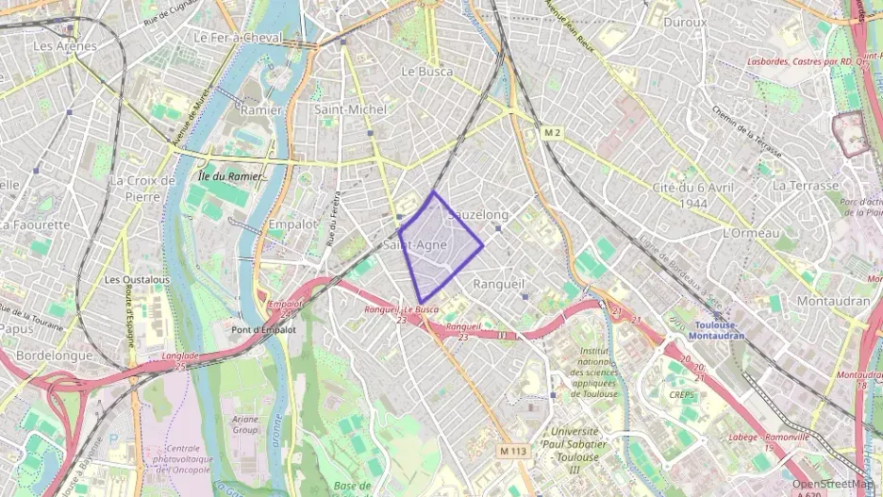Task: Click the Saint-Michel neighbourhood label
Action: point(350,109)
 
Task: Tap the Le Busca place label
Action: point(427,72)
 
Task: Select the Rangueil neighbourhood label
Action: point(498,283)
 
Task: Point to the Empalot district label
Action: point(292,224)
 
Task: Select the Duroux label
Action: point(685,22)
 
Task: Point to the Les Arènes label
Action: point(64,45)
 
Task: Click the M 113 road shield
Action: point(513,452)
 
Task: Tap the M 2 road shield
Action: point(552,133)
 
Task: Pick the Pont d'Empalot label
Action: point(263,330)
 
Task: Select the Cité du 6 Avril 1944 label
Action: point(692,195)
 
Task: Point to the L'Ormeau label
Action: point(751,233)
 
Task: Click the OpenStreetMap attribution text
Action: point(832,483)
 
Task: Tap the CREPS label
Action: point(681,395)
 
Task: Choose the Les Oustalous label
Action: point(137,279)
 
